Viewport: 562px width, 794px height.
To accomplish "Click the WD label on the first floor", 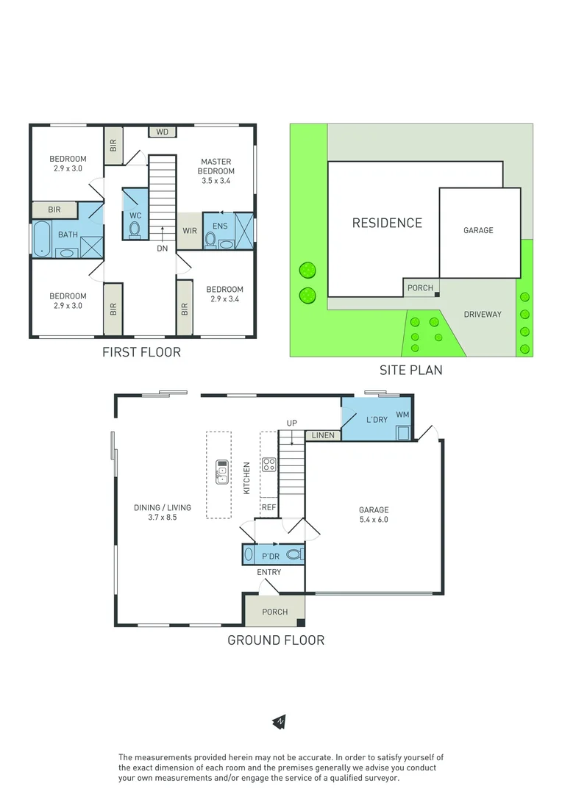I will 163,132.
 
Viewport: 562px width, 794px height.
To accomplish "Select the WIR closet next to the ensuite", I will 190,230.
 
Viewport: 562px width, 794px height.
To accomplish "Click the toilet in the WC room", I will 135,229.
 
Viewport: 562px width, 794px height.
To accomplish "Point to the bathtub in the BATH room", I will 40,239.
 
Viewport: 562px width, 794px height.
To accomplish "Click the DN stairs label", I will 163,248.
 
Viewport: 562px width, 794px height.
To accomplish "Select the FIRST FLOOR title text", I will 141,352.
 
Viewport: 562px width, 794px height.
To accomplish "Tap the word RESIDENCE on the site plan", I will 387,223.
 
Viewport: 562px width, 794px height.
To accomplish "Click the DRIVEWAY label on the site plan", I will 483,314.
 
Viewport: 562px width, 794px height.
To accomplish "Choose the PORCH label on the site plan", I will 420,287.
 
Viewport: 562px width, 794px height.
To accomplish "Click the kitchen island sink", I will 221,470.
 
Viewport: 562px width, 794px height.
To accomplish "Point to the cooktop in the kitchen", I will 269,465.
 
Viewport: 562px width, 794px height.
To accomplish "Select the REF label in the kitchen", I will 268,507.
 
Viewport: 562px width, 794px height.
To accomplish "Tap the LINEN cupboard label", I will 322,435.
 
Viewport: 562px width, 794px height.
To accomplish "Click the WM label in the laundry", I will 402,415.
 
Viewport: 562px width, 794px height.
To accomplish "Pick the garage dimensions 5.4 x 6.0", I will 374,519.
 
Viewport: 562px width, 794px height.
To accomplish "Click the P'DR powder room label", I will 271,556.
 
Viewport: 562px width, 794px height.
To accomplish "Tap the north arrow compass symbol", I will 280,722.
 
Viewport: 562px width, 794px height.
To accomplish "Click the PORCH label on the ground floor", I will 274,612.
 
